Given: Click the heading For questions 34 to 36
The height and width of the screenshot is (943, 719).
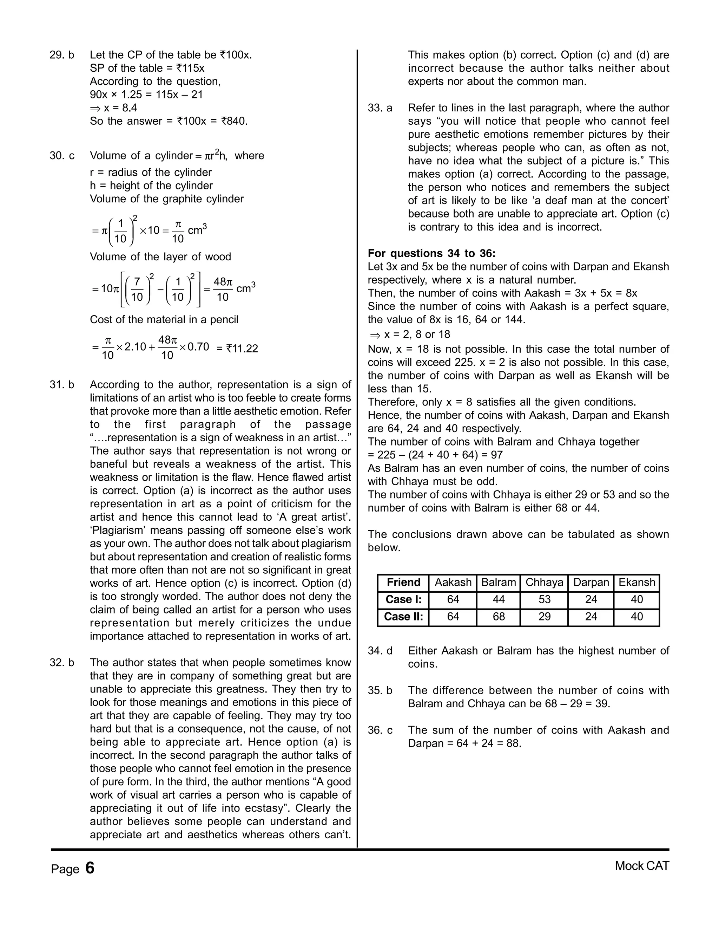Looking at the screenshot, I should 431,254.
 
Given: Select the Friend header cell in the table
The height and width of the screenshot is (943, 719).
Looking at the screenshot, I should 403,583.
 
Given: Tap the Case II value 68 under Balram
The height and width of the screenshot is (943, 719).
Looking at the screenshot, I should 499,617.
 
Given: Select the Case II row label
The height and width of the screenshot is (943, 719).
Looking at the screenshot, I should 403,617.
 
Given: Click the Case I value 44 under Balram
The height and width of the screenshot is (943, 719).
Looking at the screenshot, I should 499,599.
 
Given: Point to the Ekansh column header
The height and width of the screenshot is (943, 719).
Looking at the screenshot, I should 636,583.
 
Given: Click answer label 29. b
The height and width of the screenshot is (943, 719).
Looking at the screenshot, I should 62,55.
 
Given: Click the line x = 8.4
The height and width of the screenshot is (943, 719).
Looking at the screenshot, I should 113,108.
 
